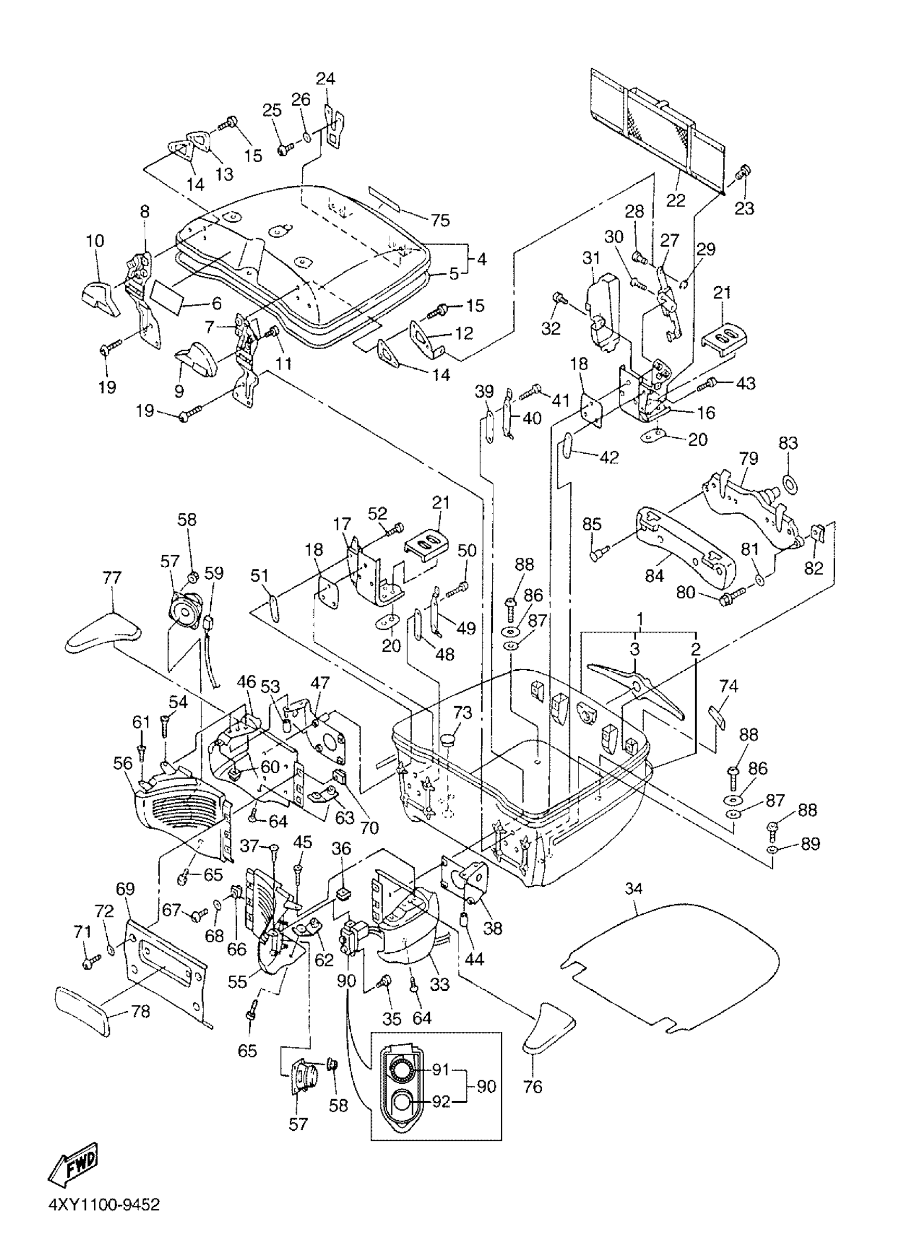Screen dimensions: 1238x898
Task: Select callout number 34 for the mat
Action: pos(633,888)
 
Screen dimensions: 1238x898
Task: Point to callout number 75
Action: pos(440,220)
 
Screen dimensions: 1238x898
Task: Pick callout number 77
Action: pos(112,577)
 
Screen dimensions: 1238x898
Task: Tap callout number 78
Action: pos(141,1011)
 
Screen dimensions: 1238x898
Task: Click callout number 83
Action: pos(788,443)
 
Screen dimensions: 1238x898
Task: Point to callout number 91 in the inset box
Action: pos(441,1070)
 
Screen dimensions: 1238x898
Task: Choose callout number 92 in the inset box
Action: pos(441,1102)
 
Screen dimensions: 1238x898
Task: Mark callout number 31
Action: pos(591,258)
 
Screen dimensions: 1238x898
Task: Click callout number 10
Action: pos(95,241)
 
